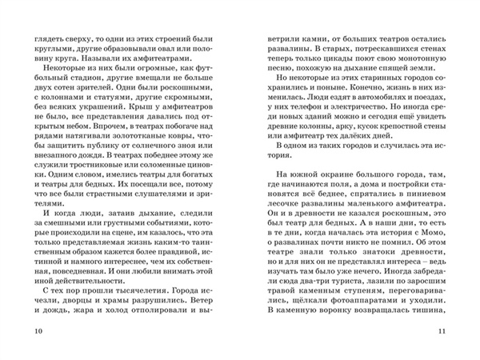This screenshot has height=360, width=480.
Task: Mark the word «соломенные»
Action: point(167,194)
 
